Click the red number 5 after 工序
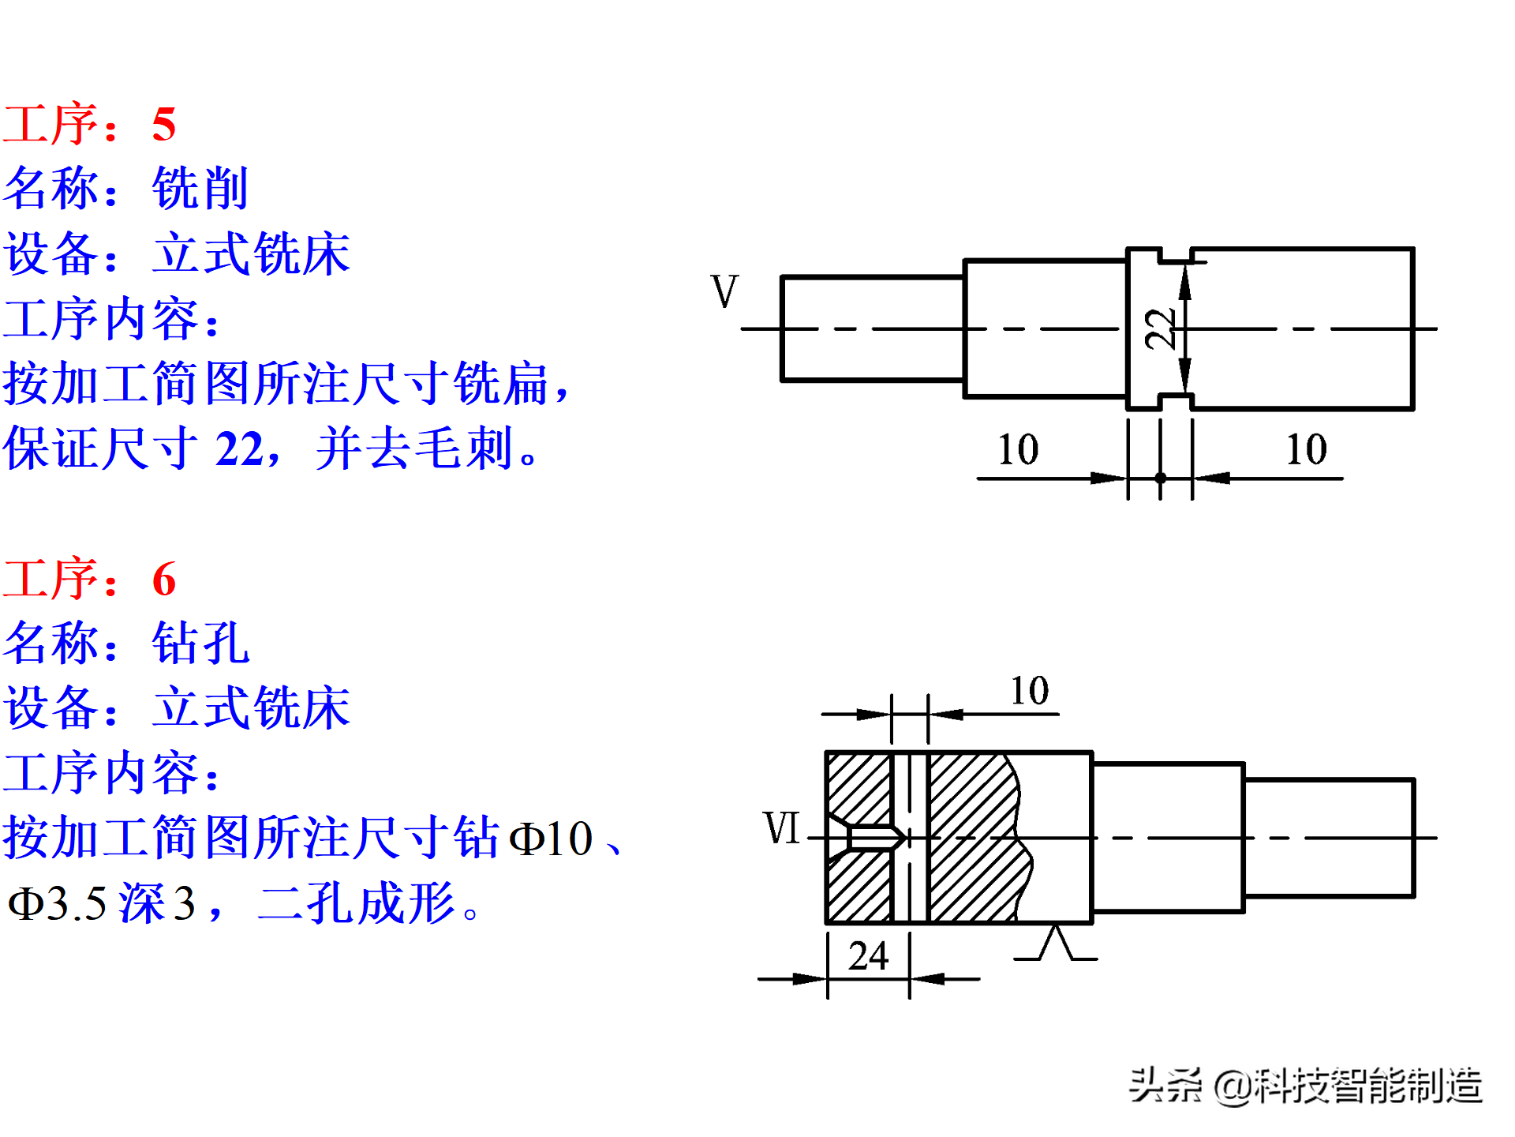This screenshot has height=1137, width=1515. pos(164,125)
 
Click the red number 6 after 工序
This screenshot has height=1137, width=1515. pos(164,580)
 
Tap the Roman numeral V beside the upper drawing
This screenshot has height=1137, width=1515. pos(724,292)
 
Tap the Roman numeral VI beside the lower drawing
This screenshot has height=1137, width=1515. pos(781,828)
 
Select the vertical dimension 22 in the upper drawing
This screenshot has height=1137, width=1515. pos(1160,328)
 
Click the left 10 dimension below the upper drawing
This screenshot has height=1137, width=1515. pos(1018,450)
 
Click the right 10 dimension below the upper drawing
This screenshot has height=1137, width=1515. pos(1306,450)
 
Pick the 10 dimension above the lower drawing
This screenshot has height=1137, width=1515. pos(1030,691)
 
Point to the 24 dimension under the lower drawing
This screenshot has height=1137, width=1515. pos(868,956)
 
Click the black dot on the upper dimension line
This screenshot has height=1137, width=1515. pos(1160,478)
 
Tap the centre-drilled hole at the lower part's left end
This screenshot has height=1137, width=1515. pos(872,838)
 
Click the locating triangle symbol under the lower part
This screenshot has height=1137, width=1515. pos(1056,944)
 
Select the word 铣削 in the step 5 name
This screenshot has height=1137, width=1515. pos(200,189)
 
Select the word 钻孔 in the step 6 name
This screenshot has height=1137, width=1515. pos(200,644)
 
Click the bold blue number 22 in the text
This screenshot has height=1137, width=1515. pos(240,449)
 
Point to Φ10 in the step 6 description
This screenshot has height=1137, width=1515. pos(551,839)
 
